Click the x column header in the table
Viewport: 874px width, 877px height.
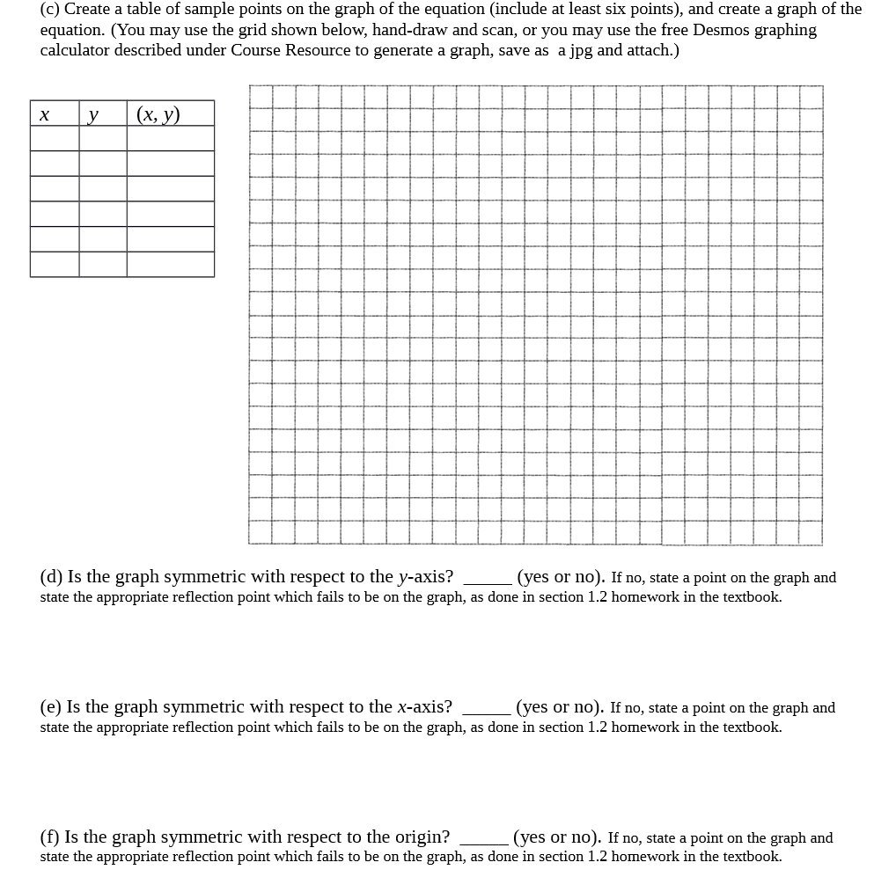44,115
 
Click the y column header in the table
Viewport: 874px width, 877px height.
93,115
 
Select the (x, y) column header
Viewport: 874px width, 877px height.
159,114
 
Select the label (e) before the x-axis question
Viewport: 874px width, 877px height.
51,707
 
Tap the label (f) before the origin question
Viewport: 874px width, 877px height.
50,837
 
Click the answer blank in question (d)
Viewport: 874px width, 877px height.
487,580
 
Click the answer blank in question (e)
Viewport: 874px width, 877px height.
486,710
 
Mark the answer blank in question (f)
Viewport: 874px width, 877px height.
483,840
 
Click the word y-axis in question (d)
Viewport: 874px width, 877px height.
425,577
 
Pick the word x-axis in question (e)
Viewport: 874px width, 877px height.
424,707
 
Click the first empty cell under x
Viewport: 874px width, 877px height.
55,139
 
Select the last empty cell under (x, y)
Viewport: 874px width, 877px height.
170,264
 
